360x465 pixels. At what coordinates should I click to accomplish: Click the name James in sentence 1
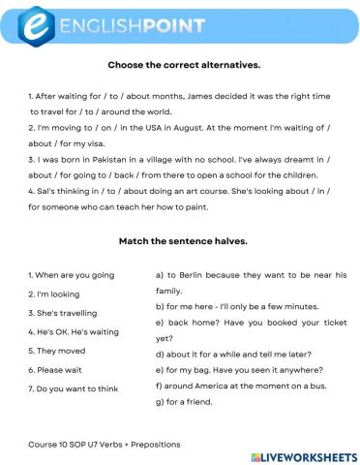coord(191,98)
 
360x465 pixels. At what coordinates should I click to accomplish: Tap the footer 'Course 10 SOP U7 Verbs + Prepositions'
coord(105,444)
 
